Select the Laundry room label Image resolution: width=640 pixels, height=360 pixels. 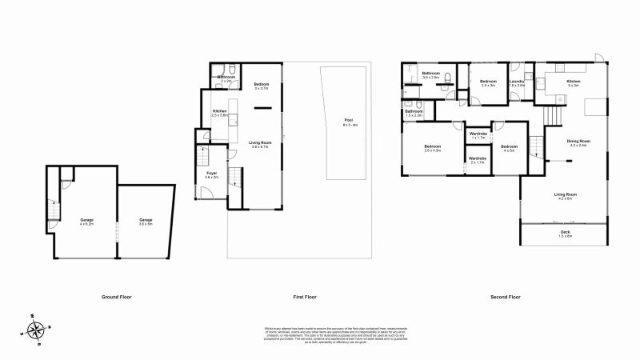[516, 83]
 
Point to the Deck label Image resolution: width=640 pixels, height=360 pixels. [565, 234]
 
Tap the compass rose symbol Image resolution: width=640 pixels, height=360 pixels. [35, 329]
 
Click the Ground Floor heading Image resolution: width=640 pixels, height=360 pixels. [116, 297]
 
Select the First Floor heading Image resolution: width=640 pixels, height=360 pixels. [305, 297]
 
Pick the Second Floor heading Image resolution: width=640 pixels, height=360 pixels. [505, 297]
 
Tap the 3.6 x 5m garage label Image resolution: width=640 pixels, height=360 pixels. [146, 222]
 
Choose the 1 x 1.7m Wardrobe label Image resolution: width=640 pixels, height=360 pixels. [478, 136]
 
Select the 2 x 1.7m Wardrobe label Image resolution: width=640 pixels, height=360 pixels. [478, 160]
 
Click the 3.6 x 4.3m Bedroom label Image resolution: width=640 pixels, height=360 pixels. [433, 149]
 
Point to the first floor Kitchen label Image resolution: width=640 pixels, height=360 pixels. [220, 114]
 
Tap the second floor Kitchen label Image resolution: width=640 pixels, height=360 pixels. [574, 83]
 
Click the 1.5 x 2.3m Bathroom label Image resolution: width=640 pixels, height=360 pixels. [414, 114]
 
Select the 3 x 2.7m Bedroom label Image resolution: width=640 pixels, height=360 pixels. [261, 86]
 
